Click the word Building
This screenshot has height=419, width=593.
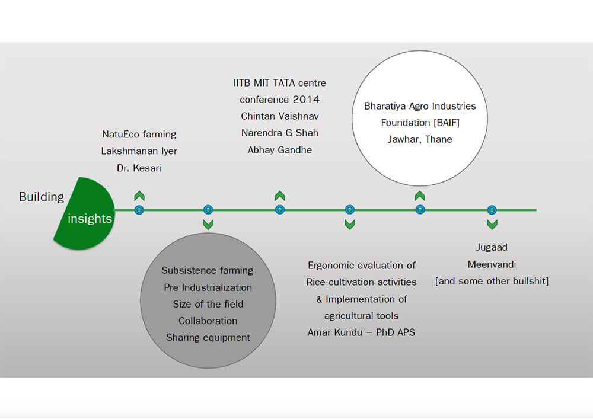click(x=42, y=197)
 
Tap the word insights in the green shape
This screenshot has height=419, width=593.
click(x=90, y=219)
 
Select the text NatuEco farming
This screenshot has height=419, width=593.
click(x=139, y=135)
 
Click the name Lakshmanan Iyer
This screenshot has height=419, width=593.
click(x=139, y=151)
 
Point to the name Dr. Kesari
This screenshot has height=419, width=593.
click(x=139, y=168)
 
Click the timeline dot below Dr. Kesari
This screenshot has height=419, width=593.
click(x=139, y=210)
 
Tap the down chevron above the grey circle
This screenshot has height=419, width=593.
click(x=208, y=224)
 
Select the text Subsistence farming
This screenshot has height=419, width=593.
click(x=208, y=270)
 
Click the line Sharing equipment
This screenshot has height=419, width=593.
click(x=208, y=337)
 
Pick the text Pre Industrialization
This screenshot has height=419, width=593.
click(x=208, y=287)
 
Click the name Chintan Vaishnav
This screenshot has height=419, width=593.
click(x=279, y=116)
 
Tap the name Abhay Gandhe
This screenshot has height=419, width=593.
click(x=279, y=150)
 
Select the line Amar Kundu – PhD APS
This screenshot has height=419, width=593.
click(x=361, y=332)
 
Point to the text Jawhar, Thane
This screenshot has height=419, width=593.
click(x=420, y=140)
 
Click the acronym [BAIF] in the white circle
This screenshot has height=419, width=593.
click(x=439, y=123)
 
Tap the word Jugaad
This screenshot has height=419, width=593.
click(x=492, y=247)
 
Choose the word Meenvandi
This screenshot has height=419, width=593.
click(x=492, y=264)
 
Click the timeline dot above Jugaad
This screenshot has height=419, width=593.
click(x=492, y=210)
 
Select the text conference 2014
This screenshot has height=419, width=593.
click(x=279, y=99)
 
